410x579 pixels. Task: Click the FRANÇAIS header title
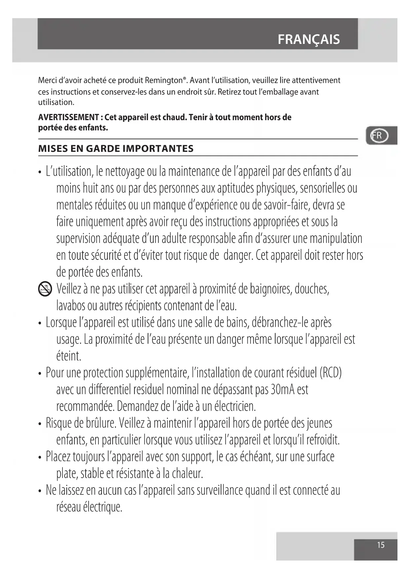[x=309, y=39]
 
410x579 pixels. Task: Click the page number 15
[x=381, y=545]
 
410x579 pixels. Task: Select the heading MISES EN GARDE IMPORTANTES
[x=116, y=149]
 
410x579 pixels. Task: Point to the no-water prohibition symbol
[x=45, y=289]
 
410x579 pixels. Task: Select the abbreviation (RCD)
[x=330, y=373]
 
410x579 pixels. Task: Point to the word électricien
[x=235, y=406]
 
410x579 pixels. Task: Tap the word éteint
[x=69, y=356]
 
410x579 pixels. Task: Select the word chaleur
[x=187, y=474]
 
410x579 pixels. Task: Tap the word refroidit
[x=322, y=440]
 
